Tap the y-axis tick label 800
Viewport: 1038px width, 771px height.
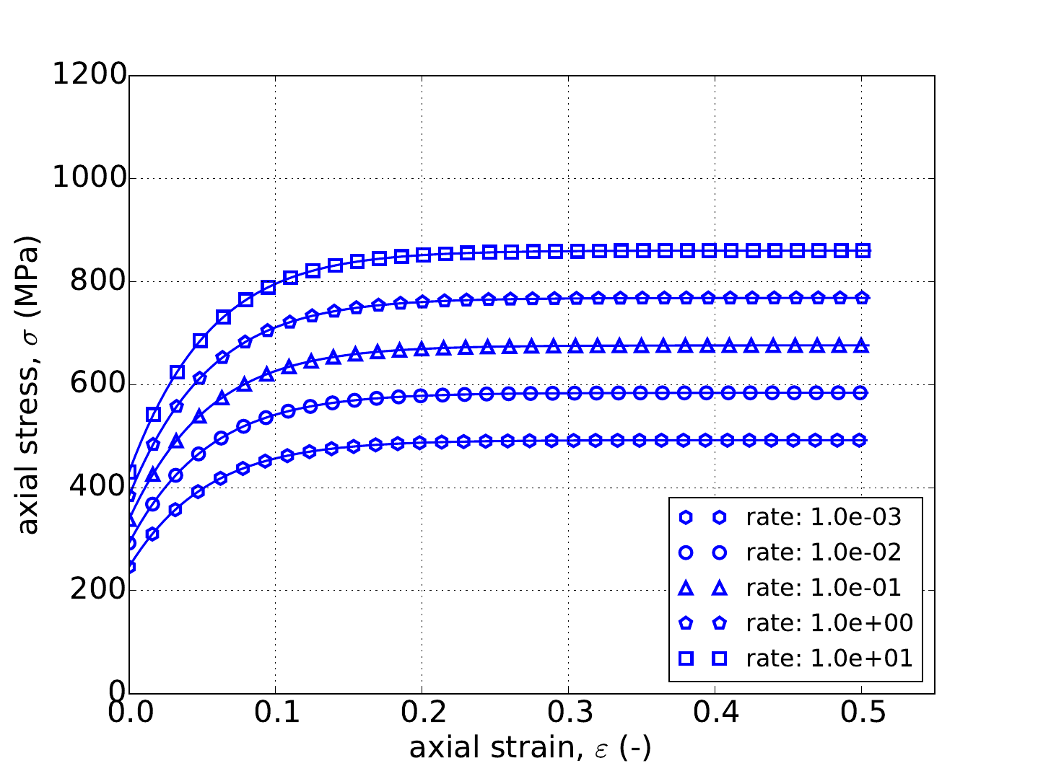tap(97, 281)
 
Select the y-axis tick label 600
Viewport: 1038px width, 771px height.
tap(97, 384)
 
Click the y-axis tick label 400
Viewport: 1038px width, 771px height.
tap(97, 488)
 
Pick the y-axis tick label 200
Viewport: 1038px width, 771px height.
tap(97, 591)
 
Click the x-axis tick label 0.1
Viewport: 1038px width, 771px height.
tap(275, 714)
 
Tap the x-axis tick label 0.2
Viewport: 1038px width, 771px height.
tap(422, 714)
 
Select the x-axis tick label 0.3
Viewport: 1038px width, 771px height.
tap(568, 714)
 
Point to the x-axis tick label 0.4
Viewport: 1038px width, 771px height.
tap(715, 714)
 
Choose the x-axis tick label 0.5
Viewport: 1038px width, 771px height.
tap(861, 714)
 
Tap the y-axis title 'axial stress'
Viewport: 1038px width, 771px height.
tap(29, 385)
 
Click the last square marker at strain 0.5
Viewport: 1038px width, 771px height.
tap(862, 250)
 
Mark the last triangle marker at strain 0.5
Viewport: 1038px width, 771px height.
tap(861, 345)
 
